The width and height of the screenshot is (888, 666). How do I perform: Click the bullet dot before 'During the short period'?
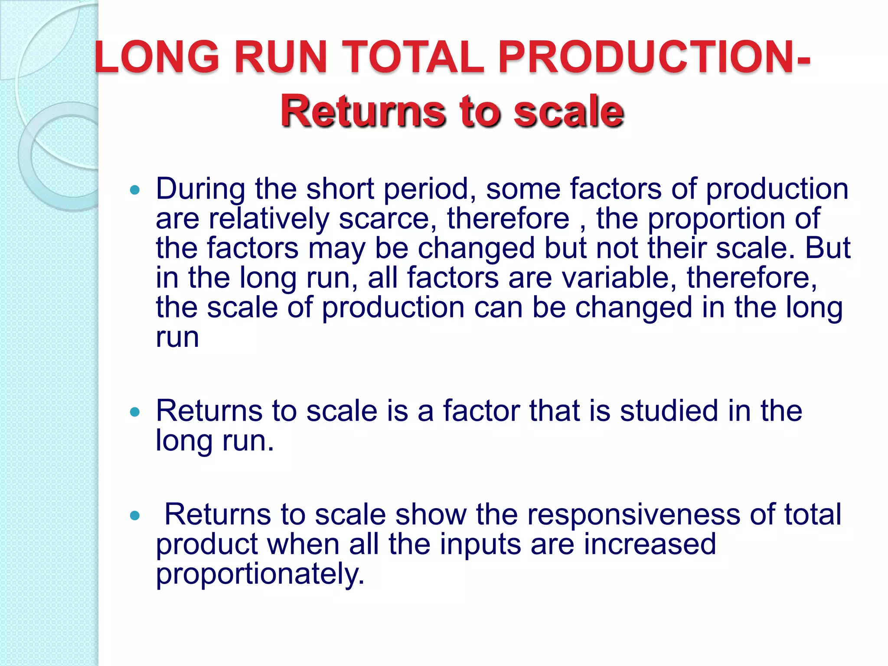tap(135, 189)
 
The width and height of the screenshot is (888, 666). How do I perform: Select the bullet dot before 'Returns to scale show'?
tap(135, 516)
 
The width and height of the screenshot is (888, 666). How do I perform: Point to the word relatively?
tap(269, 219)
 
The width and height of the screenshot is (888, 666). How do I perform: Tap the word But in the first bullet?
tap(828, 248)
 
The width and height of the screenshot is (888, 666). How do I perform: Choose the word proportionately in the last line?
tap(260, 574)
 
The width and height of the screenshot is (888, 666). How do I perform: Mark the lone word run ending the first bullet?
tap(177, 337)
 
